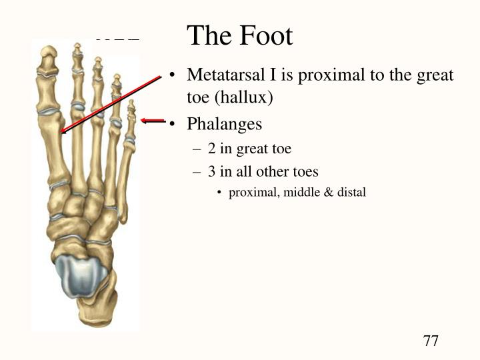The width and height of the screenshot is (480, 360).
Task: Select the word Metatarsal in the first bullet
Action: (x=226, y=75)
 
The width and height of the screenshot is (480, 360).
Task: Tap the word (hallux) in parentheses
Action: (x=243, y=97)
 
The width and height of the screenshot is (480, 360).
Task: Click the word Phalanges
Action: (x=225, y=124)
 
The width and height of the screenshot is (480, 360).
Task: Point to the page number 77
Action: (x=431, y=341)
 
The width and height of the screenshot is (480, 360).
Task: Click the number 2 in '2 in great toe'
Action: (x=211, y=149)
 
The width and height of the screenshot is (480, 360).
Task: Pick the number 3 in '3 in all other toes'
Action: (x=211, y=171)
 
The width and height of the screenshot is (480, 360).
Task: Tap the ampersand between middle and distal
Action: (x=329, y=193)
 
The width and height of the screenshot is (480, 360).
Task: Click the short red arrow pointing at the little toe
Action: (x=153, y=121)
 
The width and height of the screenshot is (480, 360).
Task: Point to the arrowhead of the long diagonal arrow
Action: (x=63, y=131)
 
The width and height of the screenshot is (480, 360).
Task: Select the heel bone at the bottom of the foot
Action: (x=97, y=309)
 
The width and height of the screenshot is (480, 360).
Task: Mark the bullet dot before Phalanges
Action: (x=173, y=124)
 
